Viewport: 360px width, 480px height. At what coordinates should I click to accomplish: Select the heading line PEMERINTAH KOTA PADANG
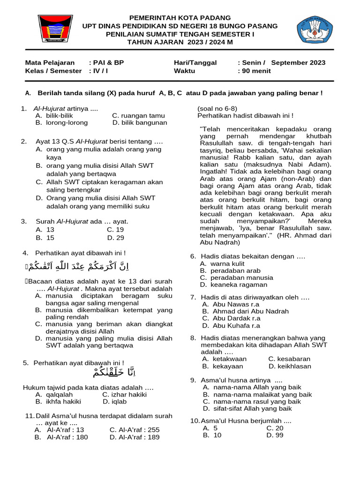pos(180,17)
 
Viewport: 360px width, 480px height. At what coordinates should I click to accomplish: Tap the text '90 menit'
pos(256,71)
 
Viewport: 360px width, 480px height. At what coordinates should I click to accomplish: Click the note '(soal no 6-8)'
pos(217,108)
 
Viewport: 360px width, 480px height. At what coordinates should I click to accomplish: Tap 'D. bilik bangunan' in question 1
pos(140,122)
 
